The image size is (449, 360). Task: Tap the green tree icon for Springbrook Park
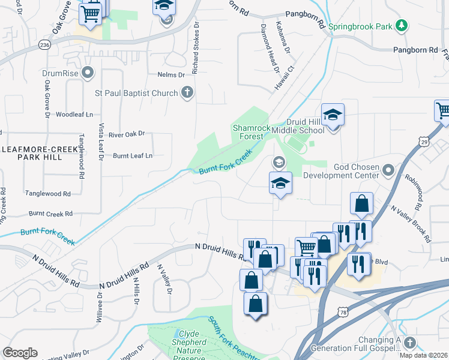pyautogui.click(x=402, y=26)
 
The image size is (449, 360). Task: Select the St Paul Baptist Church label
pyautogui.click(x=137, y=93)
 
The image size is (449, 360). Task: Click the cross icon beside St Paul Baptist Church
pyautogui.click(x=187, y=93)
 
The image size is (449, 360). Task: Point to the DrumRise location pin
pyautogui.click(x=88, y=73)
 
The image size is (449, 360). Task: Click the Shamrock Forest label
pyautogui.click(x=248, y=131)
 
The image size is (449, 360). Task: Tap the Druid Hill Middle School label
pyautogui.click(x=298, y=125)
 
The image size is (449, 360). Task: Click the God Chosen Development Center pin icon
pyautogui.click(x=388, y=170)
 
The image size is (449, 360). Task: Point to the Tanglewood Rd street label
pyautogui.click(x=48, y=194)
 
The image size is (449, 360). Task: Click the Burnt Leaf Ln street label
pyautogui.click(x=133, y=155)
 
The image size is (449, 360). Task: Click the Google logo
pyautogui.click(x=20, y=353)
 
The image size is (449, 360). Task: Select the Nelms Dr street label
pyautogui.click(x=171, y=75)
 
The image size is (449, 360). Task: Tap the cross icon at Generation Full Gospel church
pyautogui.click(x=410, y=343)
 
